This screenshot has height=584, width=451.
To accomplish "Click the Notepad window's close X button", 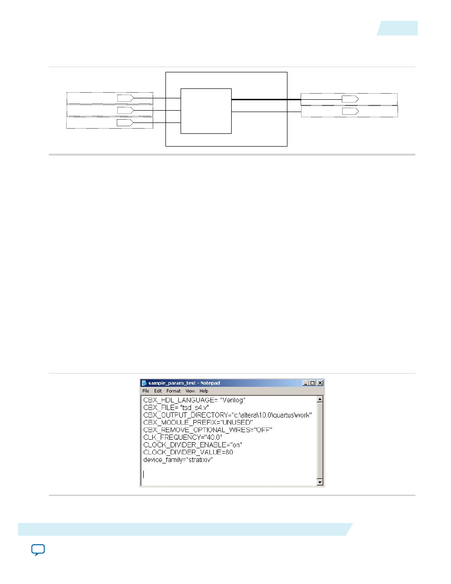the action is [320, 383].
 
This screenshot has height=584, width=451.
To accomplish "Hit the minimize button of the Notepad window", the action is [305, 383].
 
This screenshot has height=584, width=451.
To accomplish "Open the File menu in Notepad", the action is [146, 391].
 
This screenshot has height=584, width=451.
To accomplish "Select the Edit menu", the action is [158, 391].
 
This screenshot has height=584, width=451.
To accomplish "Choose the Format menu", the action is [173, 391].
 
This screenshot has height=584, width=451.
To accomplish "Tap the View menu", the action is [190, 391].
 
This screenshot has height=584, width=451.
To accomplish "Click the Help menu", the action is [204, 391].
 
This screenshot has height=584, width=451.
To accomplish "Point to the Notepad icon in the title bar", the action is [144, 383].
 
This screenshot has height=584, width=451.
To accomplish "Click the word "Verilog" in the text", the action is [232, 400].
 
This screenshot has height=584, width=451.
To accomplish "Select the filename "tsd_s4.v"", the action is [194, 408].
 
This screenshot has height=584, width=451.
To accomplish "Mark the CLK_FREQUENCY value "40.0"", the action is [213, 437].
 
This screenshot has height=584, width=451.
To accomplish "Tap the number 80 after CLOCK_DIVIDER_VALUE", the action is [229, 453].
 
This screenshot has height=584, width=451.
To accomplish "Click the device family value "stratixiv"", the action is [199, 460].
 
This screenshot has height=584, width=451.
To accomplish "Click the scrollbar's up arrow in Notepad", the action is [320, 399].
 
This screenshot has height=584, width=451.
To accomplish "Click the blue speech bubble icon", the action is [38, 550].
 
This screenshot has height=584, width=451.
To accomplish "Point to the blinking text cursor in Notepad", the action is [143, 474].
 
